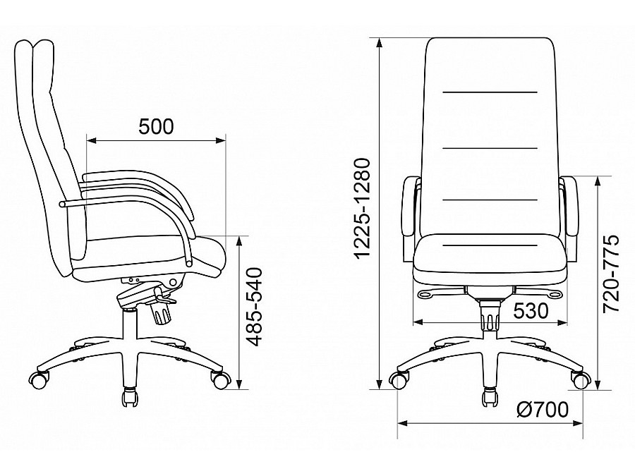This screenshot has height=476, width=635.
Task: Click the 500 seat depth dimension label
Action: coord(156,126)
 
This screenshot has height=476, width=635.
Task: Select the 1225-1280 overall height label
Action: coord(362,208)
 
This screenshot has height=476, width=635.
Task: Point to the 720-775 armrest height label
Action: coord(611,274)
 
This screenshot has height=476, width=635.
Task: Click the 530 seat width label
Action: coord(531,311)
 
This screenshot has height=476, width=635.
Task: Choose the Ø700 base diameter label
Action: coord(543,410)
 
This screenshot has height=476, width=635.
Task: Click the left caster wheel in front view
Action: coord(399,380)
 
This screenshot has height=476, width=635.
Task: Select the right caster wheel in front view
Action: coord(581,380)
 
